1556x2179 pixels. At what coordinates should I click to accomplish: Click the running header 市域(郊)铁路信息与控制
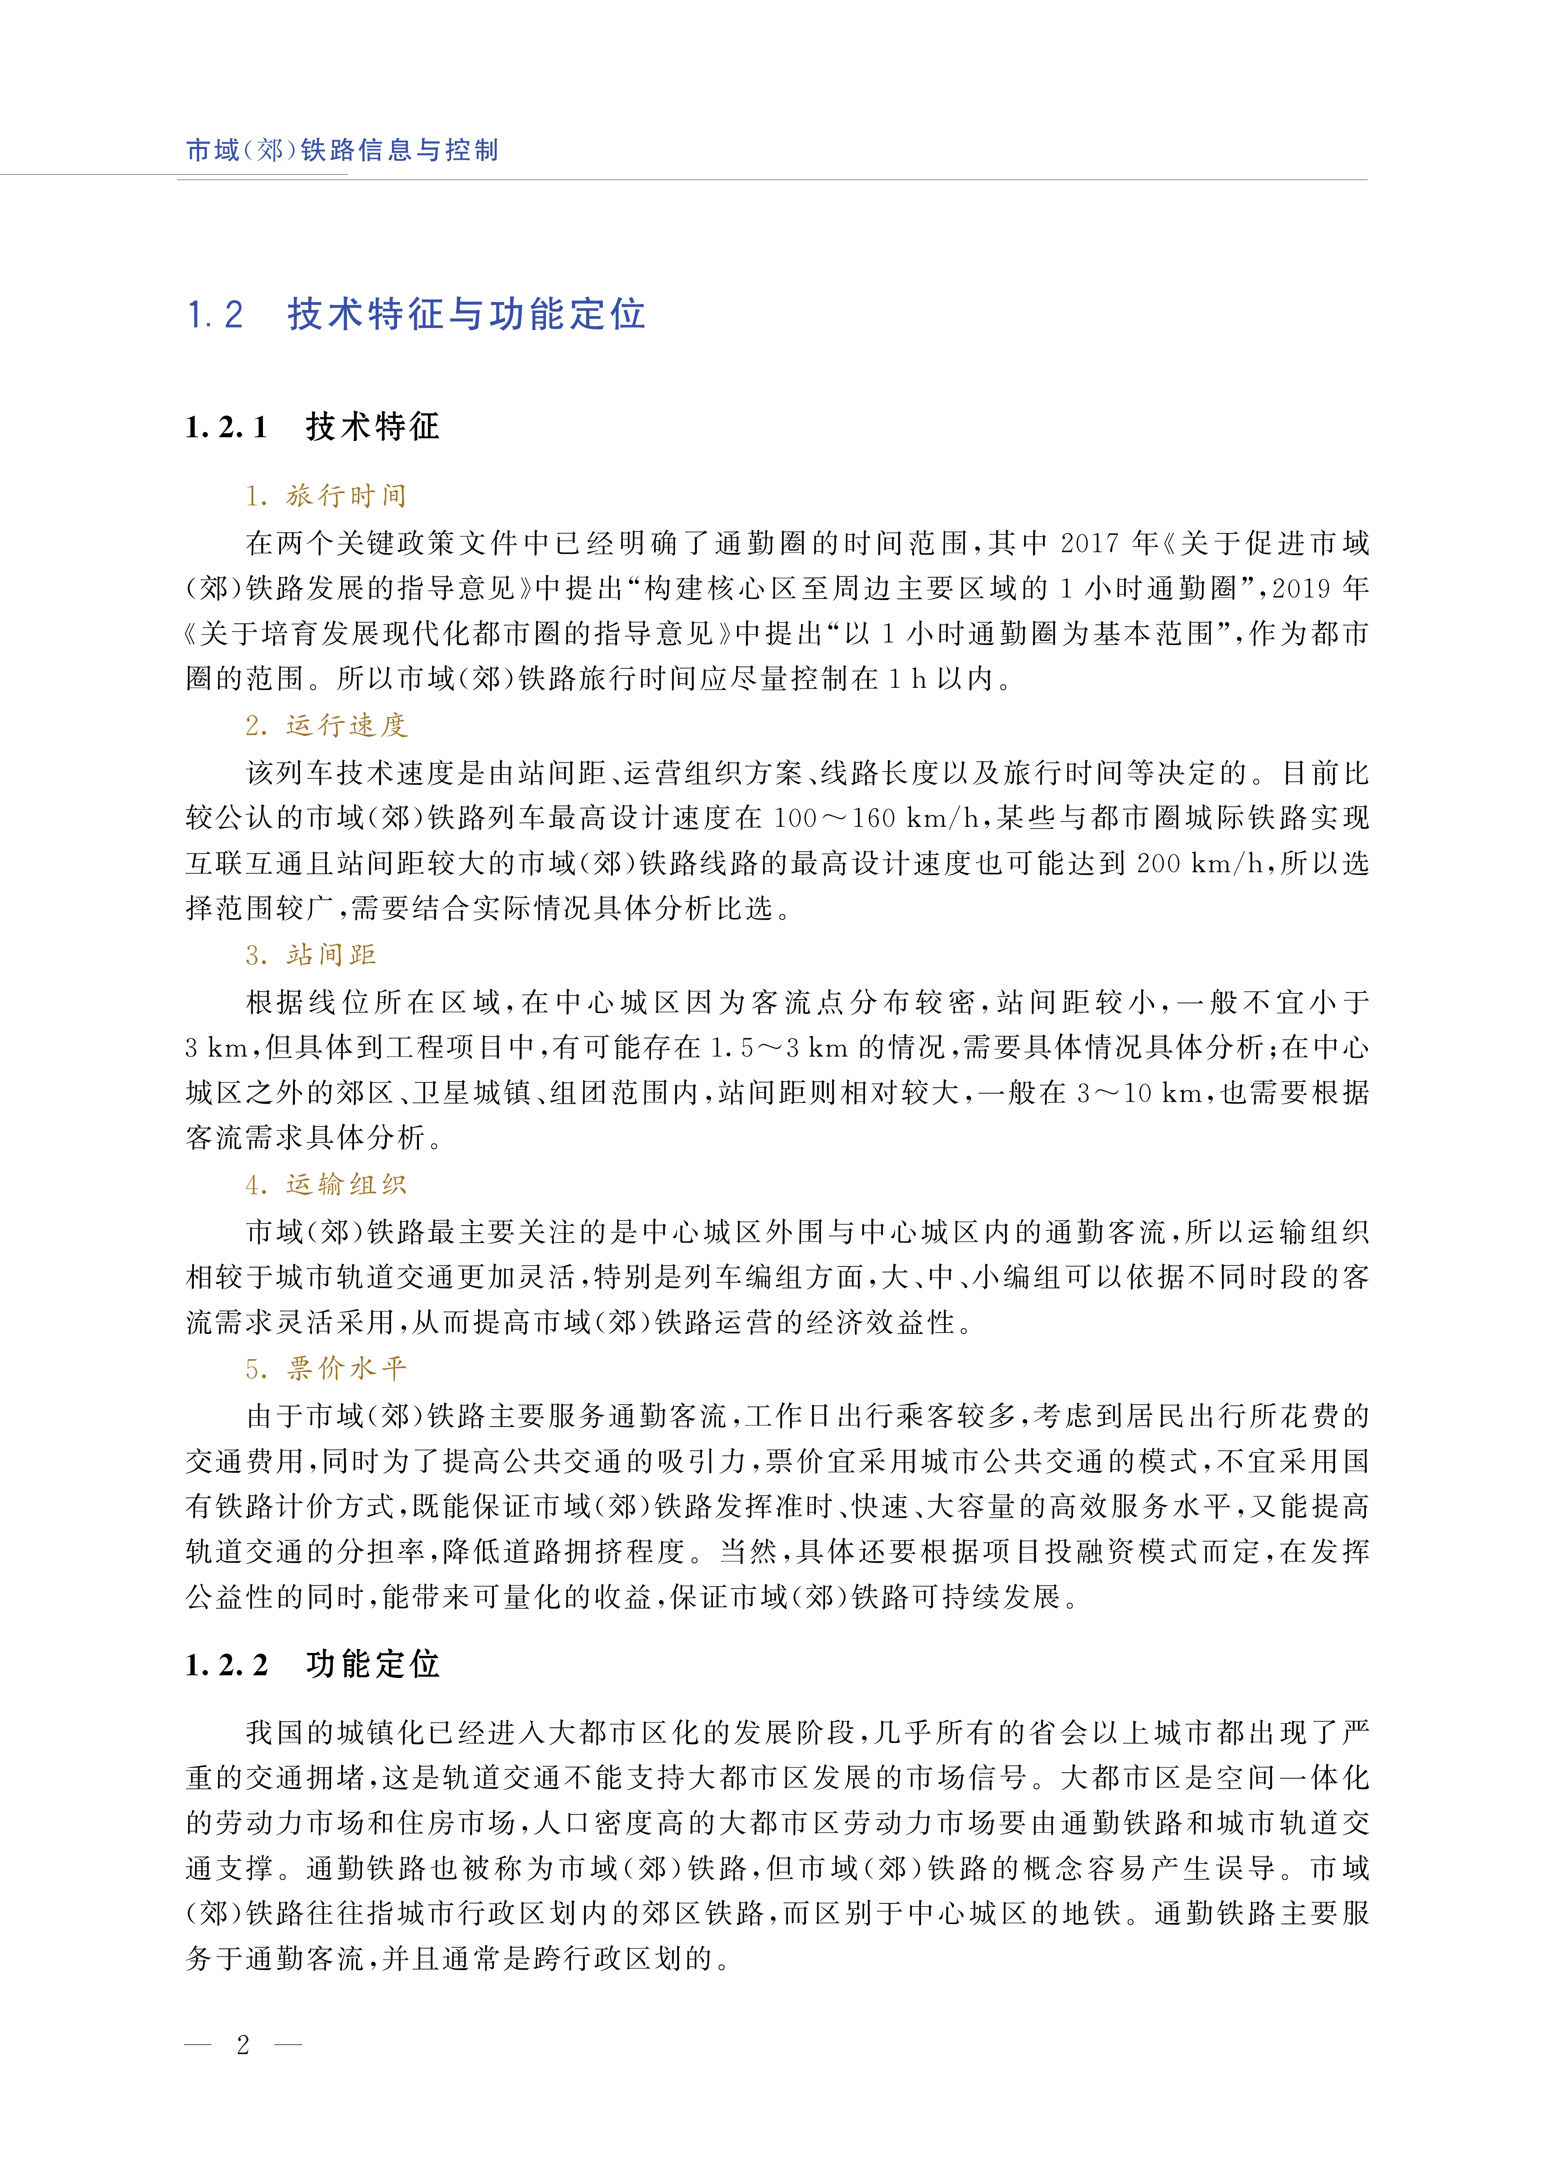click(342, 149)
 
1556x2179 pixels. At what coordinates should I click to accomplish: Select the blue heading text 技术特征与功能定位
click(467, 314)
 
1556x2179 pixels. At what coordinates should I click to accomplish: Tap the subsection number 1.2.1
click(226, 427)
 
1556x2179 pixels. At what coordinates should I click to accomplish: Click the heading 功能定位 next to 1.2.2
click(373, 1665)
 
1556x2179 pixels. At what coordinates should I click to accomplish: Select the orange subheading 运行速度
click(346, 725)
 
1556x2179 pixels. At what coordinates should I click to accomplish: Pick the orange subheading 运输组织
click(346, 1184)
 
